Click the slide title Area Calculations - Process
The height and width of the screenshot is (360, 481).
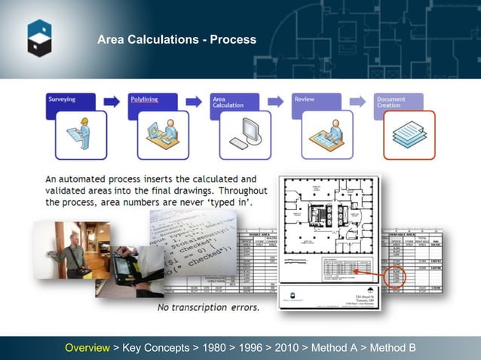pos(176,39)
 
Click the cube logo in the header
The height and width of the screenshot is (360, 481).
pos(40,38)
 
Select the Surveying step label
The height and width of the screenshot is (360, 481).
pos(62,99)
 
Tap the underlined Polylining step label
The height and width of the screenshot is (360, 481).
pos(144,99)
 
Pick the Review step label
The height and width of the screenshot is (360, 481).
pos(305,99)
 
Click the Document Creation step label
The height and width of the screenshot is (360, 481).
pos(391,102)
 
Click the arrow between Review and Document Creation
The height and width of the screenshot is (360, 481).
pos(359,101)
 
